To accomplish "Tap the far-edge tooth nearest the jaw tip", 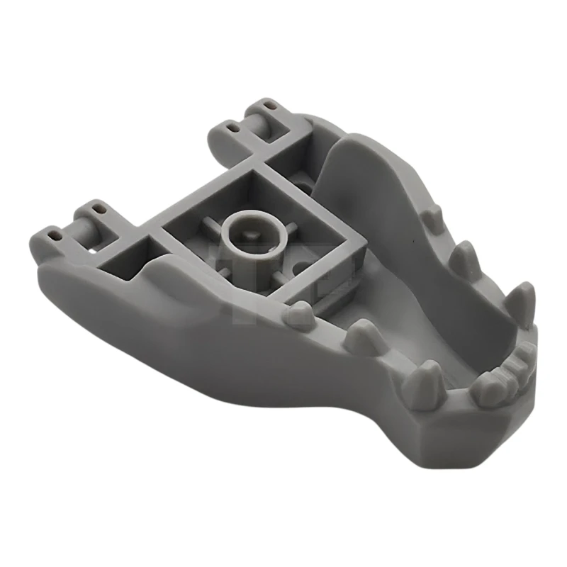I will [521, 303].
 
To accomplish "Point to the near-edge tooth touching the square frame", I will [301, 314].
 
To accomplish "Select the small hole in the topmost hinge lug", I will [269, 106].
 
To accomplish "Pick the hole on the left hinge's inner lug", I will [100, 210].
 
